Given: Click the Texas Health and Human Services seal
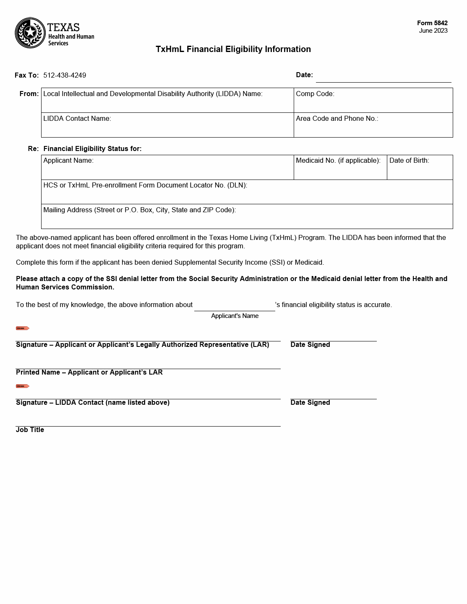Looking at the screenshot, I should pos(30,33).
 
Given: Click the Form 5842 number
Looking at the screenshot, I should pos(432,23).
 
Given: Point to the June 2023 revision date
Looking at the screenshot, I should pos(433,31).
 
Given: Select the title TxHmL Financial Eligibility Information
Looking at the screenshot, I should pos(233,49).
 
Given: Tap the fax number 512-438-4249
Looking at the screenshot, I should pos(65,75).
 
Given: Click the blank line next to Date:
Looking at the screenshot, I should pos(383,78).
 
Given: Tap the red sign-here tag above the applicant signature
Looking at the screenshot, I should pos(23,328).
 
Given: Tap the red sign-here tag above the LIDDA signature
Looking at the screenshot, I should pos(23,386).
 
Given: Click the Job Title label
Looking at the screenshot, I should pos(30,430).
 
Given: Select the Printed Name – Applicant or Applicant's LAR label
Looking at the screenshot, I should pos(89,372).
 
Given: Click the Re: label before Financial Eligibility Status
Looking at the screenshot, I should pos(33,149).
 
